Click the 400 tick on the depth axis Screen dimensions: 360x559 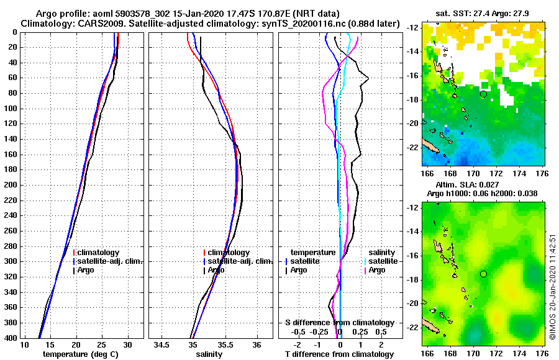click(x=11, y=338)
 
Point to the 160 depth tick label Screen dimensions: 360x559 click(x=11, y=154)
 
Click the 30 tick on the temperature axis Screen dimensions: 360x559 click(x=127, y=344)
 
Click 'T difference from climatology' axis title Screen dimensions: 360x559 click(x=339, y=354)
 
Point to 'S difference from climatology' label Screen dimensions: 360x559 click(x=339, y=323)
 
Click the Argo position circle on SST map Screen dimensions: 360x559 click(x=483, y=94)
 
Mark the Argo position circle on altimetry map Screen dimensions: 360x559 click(x=483, y=274)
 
